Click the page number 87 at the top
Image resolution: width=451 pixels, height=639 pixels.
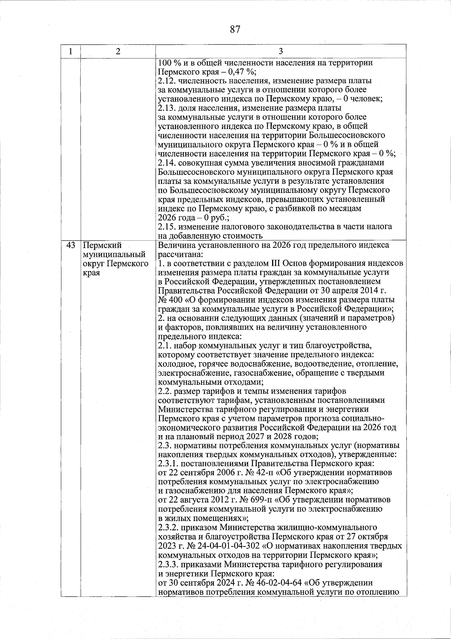pyautogui.click(x=235, y=29)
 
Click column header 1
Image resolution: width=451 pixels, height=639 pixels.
pyautogui.click(x=71, y=52)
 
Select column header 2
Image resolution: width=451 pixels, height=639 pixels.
pyautogui.click(x=118, y=52)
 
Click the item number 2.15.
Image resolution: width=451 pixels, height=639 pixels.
pyautogui.click(x=166, y=227)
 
